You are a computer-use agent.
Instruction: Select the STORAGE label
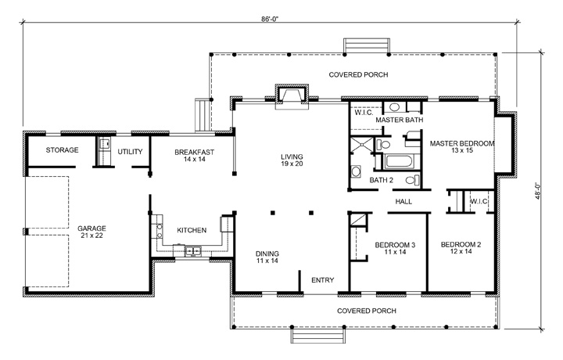(x=61, y=149)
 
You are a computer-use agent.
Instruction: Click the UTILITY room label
(x=130, y=149)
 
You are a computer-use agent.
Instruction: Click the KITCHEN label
(x=192, y=230)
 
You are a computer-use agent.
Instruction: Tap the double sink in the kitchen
(x=192, y=250)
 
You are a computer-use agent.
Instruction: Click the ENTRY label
(x=323, y=279)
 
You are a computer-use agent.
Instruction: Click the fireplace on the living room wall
(x=293, y=95)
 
